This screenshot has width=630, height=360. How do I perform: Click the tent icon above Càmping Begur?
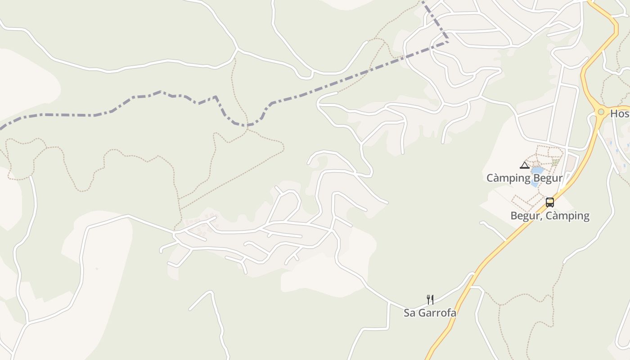(x=525, y=165)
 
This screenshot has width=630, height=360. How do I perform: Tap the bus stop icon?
(x=549, y=202)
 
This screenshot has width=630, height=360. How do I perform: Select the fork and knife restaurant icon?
(x=430, y=299)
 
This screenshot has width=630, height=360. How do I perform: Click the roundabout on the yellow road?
(x=601, y=112)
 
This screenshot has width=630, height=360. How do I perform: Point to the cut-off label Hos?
(x=620, y=114)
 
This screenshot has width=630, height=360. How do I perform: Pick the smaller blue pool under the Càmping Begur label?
(x=534, y=183)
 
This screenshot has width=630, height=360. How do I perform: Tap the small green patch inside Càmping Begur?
(x=556, y=162)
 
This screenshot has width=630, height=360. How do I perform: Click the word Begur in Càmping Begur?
(x=547, y=178)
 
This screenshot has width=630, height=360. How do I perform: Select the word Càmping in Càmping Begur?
(x=508, y=178)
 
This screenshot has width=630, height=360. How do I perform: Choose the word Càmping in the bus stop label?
(x=568, y=216)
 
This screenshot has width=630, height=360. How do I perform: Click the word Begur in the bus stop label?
(x=525, y=216)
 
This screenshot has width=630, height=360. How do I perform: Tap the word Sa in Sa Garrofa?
(x=409, y=313)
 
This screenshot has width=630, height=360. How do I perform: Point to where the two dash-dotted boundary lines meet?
(x=448, y=42)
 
